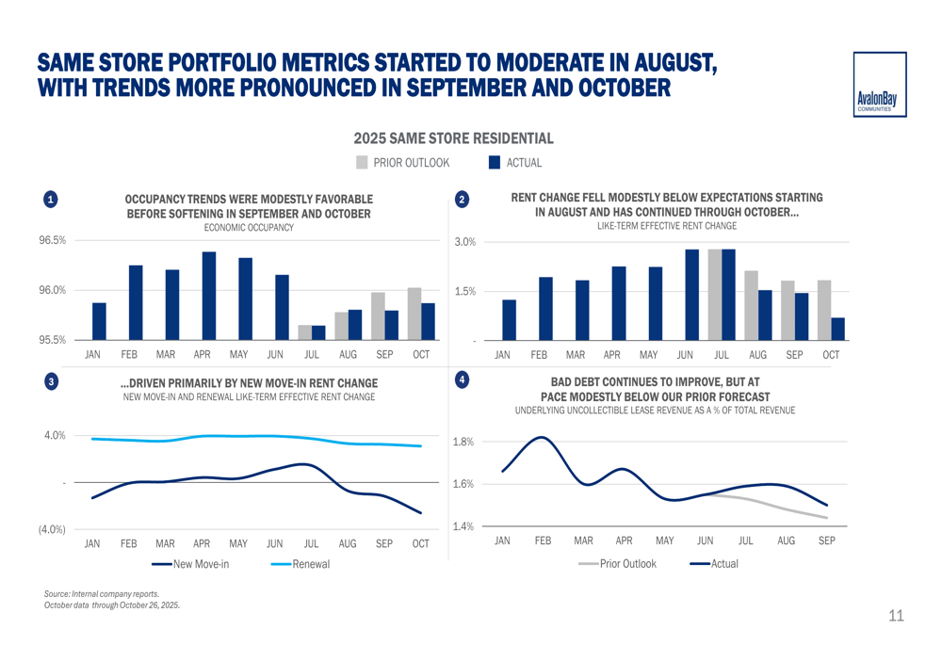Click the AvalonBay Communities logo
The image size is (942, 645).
(x=880, y=85)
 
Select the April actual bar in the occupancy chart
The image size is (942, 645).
(x=209, y=296)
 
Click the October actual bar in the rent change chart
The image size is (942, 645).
(x=837, y=329)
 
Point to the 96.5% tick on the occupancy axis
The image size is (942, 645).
(x=53, y=241)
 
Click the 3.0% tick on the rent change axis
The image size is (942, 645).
(x=465, y=243)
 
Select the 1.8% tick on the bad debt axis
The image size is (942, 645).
(x=463, y=442)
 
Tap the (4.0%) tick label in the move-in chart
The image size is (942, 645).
(x=52, y=529)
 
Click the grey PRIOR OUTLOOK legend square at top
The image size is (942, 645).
(x=362, y=163)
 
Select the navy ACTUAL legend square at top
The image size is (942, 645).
(x=495, y=163)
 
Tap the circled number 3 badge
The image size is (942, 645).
(x=51, y=381)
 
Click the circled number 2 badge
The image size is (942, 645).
(x=462, y=200)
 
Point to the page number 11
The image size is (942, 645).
(x=895, y=616)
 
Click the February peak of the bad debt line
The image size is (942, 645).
(x=544, y=437)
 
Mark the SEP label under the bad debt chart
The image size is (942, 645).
(x=826, y=541)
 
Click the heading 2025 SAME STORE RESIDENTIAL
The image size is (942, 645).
(x=453, y=138)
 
